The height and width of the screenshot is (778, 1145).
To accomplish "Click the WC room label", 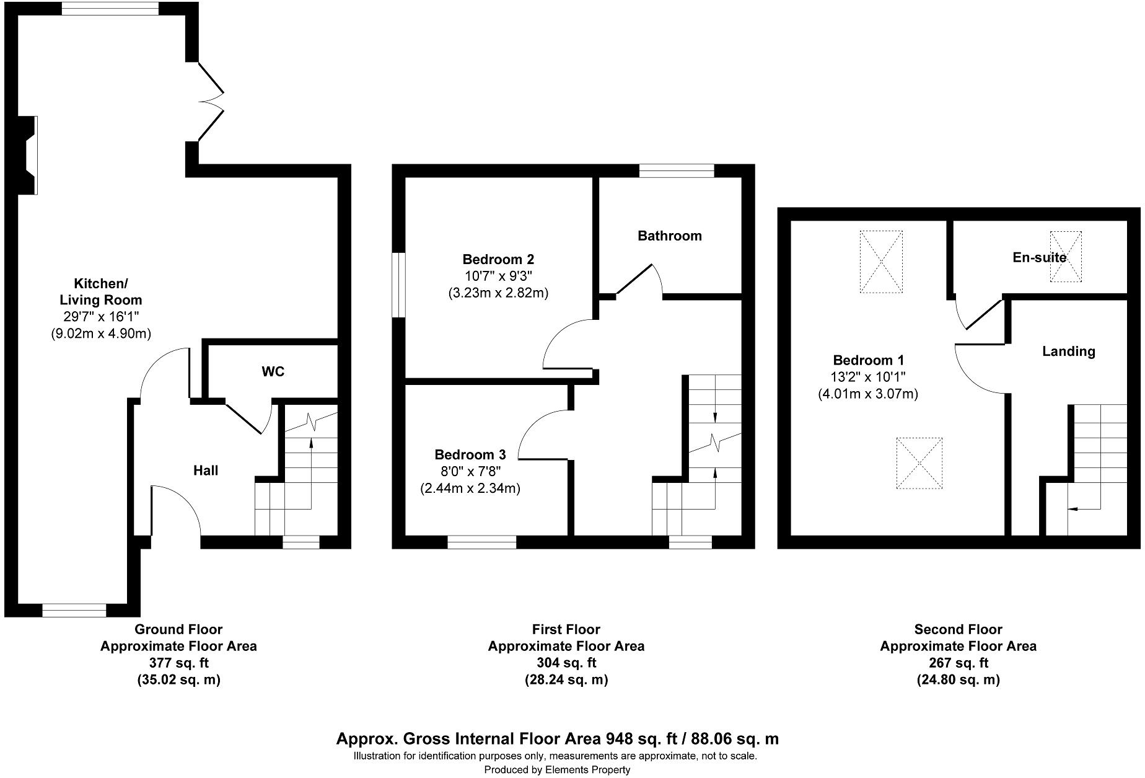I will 273,371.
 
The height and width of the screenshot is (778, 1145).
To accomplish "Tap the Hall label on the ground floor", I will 206,471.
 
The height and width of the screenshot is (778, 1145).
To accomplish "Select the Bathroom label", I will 669,236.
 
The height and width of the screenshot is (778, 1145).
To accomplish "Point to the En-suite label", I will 1039,257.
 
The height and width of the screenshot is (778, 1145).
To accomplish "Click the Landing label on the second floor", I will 1068,351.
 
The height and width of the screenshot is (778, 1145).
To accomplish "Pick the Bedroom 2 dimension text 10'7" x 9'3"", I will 498,276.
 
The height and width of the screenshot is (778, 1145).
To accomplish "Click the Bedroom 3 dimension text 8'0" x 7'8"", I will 470,471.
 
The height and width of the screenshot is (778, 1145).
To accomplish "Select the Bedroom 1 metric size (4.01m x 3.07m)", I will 868,394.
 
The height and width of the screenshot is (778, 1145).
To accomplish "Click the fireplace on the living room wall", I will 27,155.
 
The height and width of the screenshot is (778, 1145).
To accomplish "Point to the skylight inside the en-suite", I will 1066,257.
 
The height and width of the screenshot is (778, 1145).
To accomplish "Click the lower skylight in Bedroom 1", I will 919,463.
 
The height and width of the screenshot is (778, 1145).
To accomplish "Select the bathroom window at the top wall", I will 677,170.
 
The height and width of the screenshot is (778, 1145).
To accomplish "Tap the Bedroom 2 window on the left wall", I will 399,285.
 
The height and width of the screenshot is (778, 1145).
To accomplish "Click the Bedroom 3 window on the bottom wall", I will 481,542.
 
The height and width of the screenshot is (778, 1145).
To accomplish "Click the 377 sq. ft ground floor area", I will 178,663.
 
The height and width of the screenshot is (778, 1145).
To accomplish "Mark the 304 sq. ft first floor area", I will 566,663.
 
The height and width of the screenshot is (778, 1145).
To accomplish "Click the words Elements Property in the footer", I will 587,770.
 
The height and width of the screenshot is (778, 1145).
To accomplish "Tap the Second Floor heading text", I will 958,630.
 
